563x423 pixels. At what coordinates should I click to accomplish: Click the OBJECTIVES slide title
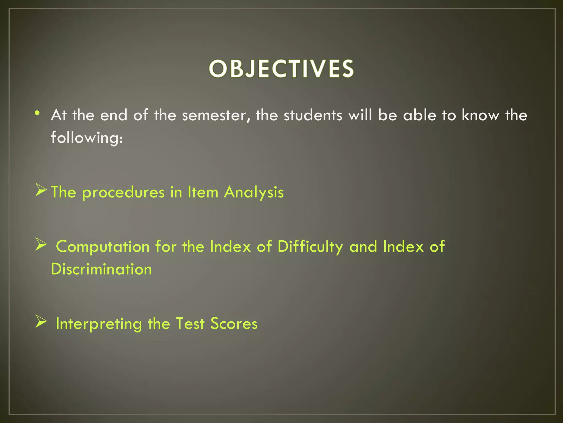point(281,69)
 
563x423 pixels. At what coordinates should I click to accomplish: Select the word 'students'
point(313,115)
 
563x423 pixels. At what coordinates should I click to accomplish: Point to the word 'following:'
point(87,138)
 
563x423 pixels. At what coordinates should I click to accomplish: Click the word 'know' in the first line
point(480,115)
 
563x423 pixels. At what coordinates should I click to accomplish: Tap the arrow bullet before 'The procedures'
point(41,191)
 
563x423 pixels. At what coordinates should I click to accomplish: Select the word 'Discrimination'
point(101,269)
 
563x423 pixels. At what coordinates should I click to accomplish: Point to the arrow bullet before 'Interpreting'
point(41,322)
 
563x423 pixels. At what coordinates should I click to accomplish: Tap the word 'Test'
point(190,324)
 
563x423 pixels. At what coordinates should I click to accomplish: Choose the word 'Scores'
point(234,324)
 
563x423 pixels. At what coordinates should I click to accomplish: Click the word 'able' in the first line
point(420,115)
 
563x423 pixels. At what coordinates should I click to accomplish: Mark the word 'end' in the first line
point(114,115)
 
